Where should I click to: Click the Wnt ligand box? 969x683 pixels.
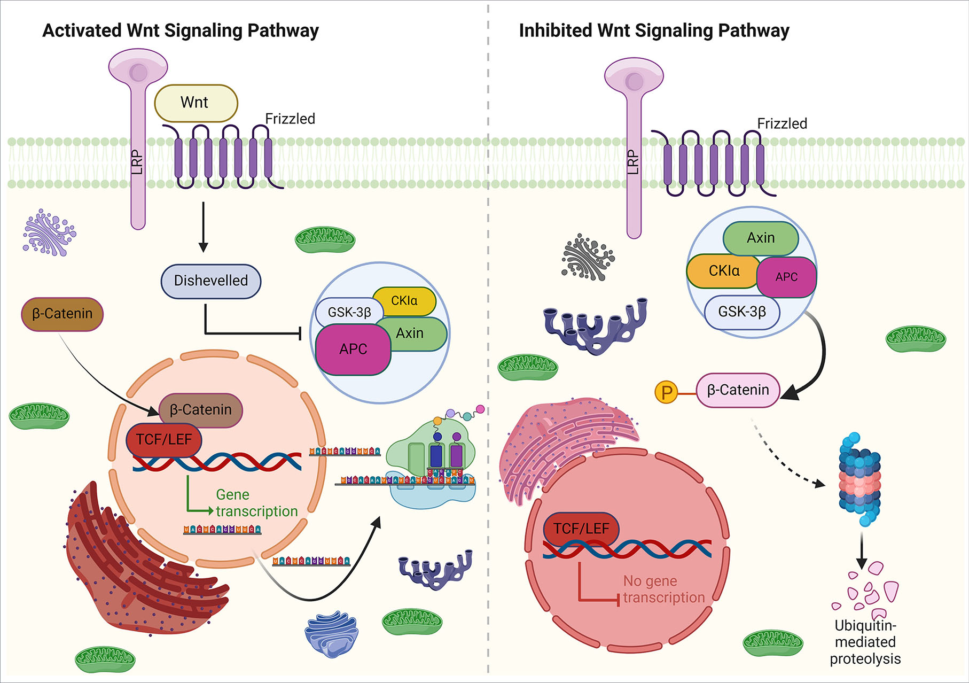[196, 103]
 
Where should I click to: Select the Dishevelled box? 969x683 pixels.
[211, 281]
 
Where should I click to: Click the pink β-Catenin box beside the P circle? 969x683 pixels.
[738, 390]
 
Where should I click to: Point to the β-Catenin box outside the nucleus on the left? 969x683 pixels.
[62, 314]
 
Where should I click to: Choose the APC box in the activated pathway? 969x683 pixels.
[353, 350]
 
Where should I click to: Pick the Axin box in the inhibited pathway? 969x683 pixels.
[761, 238]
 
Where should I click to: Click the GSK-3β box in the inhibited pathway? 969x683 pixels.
[742, 312]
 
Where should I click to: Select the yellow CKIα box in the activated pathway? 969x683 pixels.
[404, 301]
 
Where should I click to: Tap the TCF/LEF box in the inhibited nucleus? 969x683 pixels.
[581, 529]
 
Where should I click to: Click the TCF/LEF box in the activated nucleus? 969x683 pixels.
[163, 440]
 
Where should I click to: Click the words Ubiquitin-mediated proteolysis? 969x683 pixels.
[865, 642]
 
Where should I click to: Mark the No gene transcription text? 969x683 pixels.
[663, 589]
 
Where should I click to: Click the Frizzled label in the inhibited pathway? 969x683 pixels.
[782, 123]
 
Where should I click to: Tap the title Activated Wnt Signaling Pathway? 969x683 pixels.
[181, 30]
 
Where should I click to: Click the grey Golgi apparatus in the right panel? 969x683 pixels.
[588, 257]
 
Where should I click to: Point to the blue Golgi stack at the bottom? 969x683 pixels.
[331, 634]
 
